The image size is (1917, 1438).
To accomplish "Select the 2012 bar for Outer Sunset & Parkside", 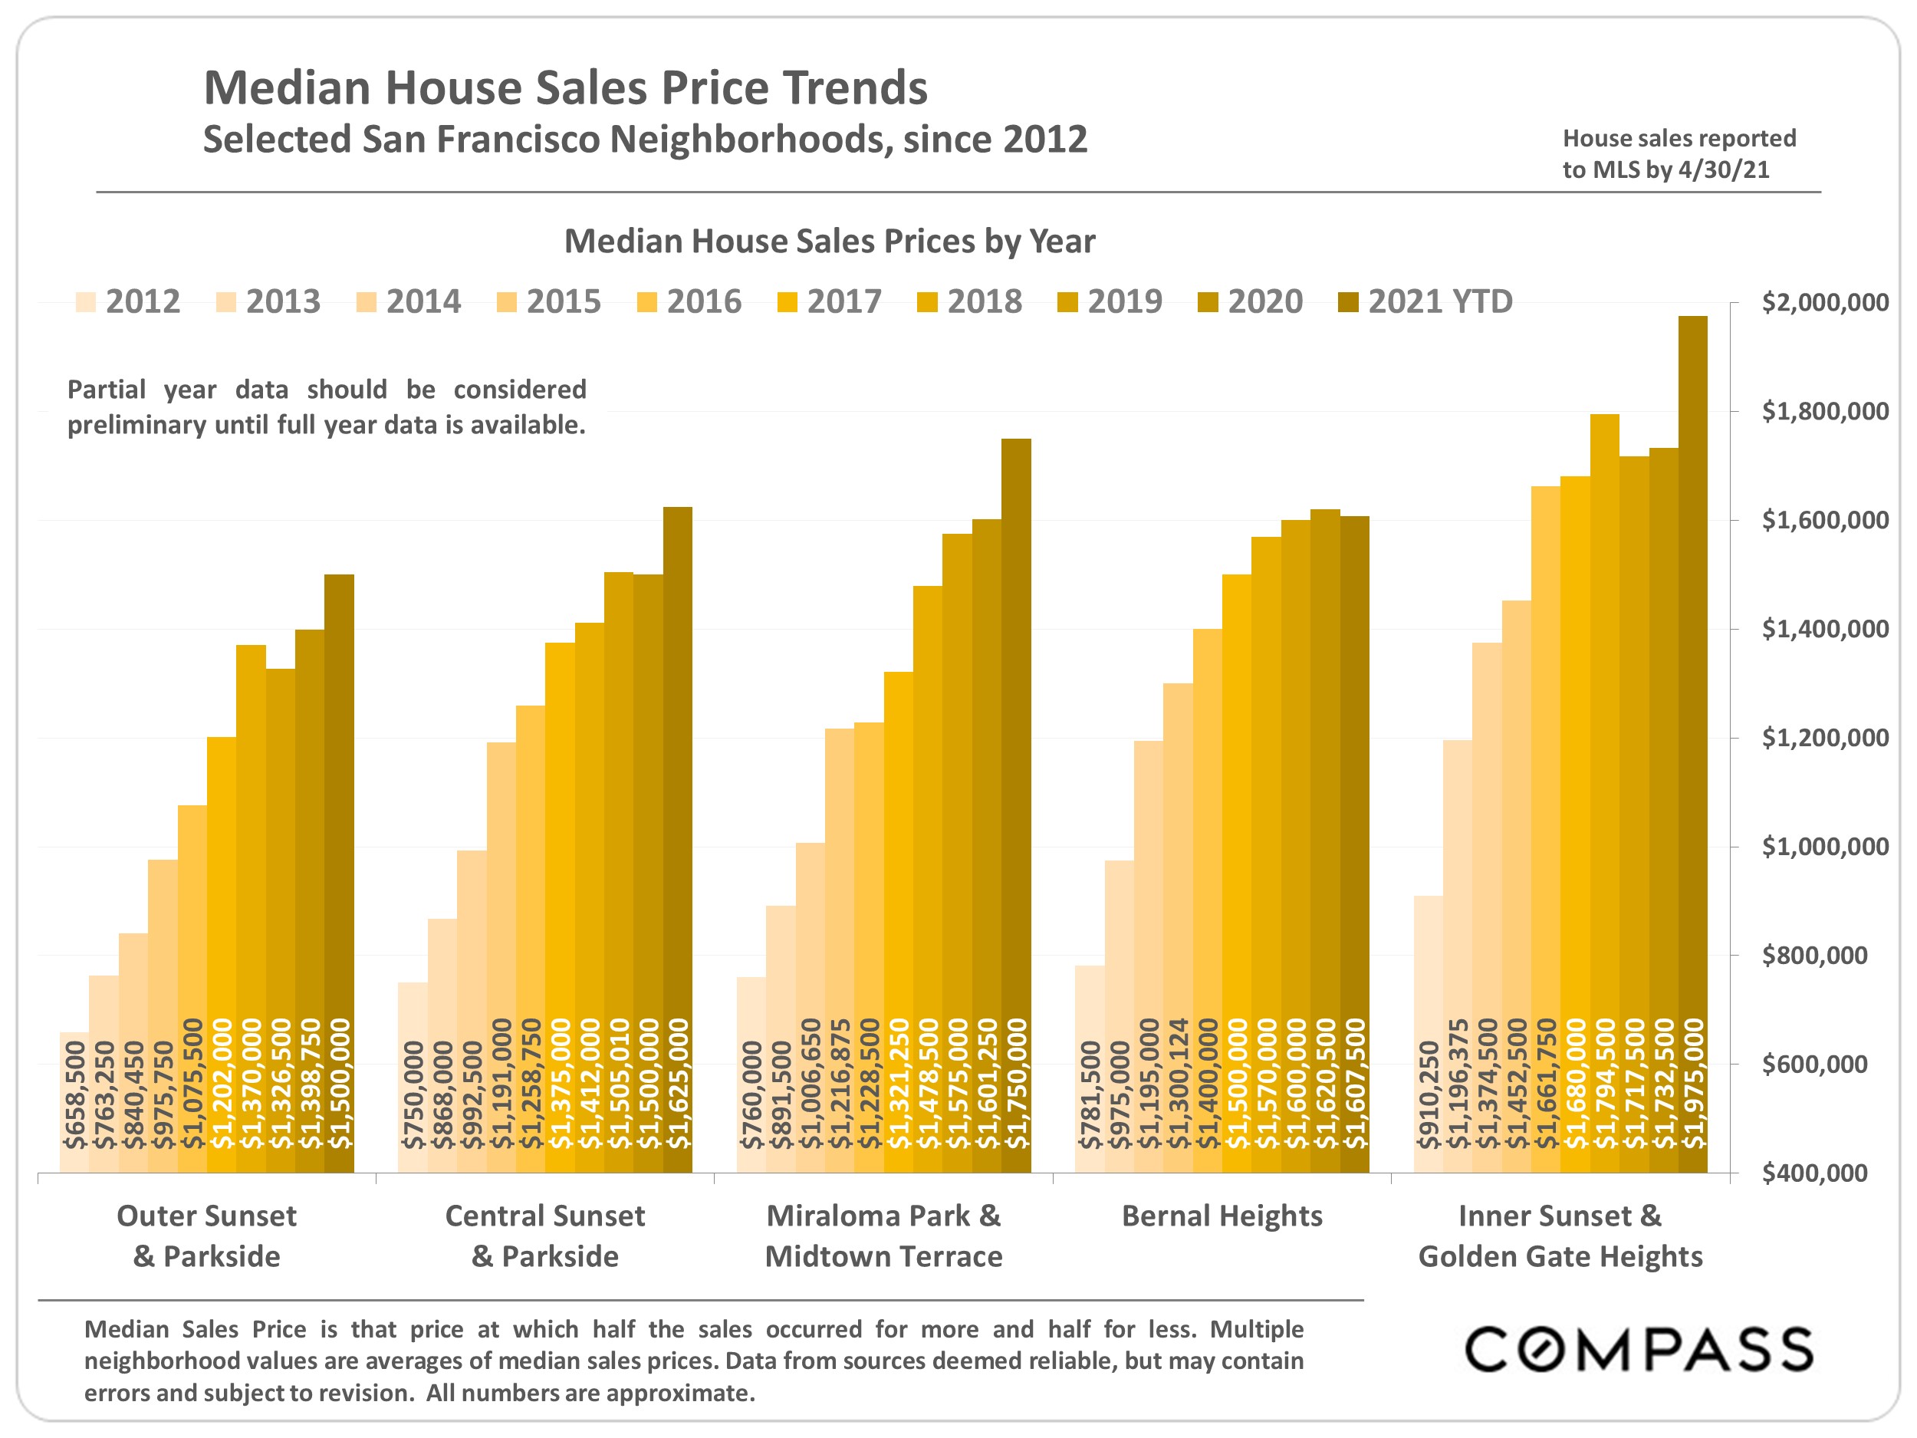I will [x=74, y=1101].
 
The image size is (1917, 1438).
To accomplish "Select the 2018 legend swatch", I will [x=927, y=302].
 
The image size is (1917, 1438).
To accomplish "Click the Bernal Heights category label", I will [x=1222, y=1216].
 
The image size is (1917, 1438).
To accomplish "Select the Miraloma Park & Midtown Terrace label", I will [x=883, y=1236].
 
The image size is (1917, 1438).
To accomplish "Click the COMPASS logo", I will [x=1639, y=1349].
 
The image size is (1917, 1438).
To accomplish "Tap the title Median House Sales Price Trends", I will [x=565, y=87].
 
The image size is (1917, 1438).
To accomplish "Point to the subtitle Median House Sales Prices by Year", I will [x=830, y=241].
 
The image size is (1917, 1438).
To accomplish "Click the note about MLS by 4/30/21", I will [x=1679, y=153].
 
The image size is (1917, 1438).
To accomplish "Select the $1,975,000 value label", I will [x=1692, y=1084].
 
